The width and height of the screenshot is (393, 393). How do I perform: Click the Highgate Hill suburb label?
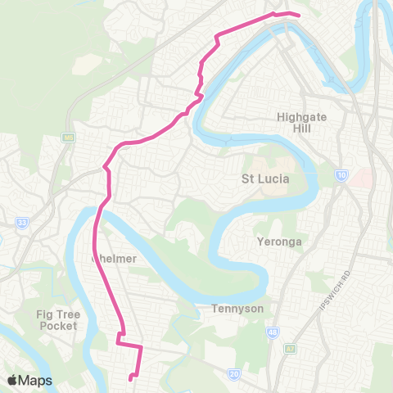[x=302, y=123]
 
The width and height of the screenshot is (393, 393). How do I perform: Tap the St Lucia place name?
[x=264, y=178]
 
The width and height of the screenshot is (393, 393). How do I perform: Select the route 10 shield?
[x=341, y=174]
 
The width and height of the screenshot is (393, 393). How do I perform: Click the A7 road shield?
[x=288, y=346]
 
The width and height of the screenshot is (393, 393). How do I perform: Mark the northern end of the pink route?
[x=299, y=15]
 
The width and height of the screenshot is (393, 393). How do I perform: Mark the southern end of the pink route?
[x=130, y=377]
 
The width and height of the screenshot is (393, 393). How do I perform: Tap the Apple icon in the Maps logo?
[x=12, y=380]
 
